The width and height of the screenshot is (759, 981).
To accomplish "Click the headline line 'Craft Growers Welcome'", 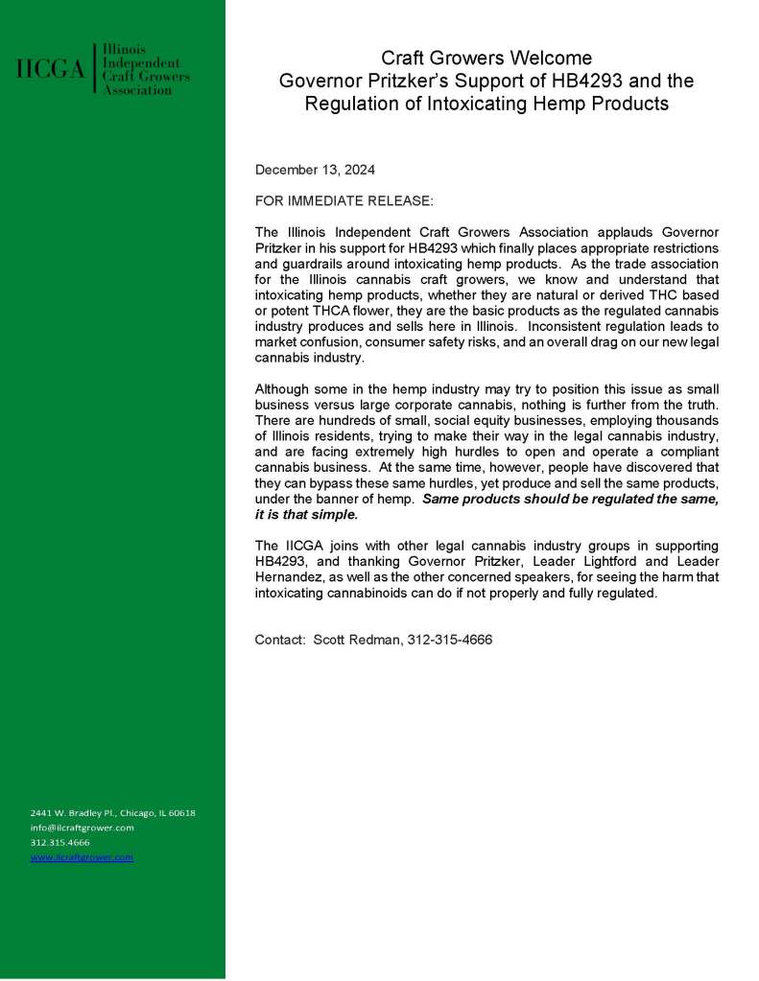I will [x=486, y=58].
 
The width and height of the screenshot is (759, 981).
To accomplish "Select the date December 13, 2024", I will [x=315, y=170].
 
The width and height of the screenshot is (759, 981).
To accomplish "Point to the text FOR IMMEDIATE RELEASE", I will [x=344, y=201].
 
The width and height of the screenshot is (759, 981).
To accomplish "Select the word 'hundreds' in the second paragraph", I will [x=347, y=420].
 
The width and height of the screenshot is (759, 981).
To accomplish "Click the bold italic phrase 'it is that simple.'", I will [x=306, y=514].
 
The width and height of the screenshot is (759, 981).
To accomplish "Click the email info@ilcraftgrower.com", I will [x=82, y=828].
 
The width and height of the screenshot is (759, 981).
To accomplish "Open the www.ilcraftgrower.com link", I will [x=82, y=857].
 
